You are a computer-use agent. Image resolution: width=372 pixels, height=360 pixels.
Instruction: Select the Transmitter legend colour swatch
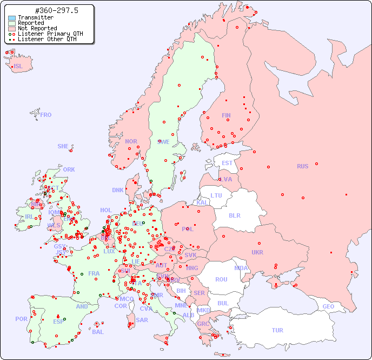(x=12, y=18)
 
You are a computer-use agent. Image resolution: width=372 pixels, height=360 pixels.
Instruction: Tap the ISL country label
(x=18, y=67)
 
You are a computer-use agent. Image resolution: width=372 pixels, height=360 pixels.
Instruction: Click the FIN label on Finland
(x=226, y=115)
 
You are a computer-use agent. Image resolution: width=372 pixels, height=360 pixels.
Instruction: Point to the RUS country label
(x=302, y=166)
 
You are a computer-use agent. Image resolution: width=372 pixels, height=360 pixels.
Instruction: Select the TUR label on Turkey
(x=277, y=330)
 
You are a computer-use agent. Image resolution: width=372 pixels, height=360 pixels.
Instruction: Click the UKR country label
(x=257, y=252)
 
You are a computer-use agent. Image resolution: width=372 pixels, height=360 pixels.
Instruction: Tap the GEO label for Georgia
(x=328, y=306)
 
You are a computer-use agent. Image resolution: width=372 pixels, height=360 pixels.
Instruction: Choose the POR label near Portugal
(x=21, y=319)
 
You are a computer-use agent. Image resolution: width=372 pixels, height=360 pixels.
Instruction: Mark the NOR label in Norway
(x=131, y=141)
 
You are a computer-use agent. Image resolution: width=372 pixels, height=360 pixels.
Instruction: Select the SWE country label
(x=163, y=142)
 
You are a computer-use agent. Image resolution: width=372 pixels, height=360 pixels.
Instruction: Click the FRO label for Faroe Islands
(x=45, y=115)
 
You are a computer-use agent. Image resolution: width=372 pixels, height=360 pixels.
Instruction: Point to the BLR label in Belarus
(x=234, y=215)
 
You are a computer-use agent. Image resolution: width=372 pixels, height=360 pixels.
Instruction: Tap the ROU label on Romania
(x=221, y=279)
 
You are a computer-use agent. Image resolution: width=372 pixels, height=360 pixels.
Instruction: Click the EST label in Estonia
(x=227, y=163)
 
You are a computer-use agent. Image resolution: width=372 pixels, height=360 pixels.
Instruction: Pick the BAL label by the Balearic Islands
(x=97, y=332)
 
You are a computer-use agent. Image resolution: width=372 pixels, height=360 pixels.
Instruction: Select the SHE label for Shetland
(x=63, y=146)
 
